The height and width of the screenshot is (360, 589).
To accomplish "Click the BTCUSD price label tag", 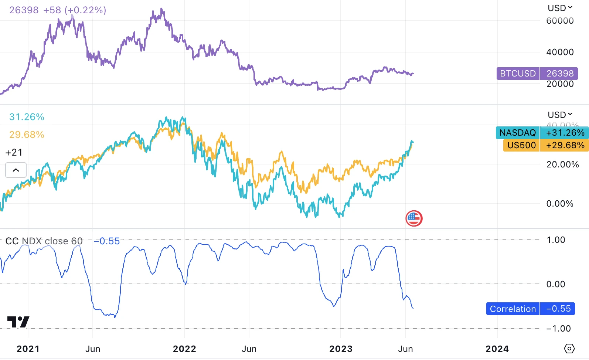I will [518, 74].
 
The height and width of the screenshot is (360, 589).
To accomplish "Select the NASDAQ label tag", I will [518, 133].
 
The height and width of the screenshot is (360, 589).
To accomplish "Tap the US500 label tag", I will [521, 145].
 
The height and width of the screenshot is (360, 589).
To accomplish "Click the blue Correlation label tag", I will [513, 309].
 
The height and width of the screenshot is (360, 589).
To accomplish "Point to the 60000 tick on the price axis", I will [560, 21].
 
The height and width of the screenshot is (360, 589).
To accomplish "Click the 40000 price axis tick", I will [560, 52].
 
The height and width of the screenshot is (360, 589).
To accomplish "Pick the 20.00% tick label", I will [562, 164].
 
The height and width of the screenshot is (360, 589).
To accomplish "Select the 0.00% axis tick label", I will [560, 204].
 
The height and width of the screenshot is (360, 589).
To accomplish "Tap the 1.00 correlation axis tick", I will [556, 240].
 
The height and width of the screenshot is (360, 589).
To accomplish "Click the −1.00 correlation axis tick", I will [558, 329].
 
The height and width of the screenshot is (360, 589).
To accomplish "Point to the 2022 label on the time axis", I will [184, 349].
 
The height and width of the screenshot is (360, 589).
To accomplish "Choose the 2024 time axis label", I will [497, 349].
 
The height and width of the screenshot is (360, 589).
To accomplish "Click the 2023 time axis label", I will [341, 349].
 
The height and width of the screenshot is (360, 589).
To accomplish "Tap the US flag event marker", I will [414, 218].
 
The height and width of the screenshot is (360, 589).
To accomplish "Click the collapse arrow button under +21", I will [16, 170].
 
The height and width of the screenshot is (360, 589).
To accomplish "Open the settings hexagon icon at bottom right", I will [569, 349].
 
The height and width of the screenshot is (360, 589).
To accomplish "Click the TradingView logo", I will [18, 322].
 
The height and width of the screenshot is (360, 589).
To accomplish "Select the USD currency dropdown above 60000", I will [560, 8].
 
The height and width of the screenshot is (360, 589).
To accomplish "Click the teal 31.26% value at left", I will [27, 117].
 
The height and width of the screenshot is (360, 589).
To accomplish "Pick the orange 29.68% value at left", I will [27, 135].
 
